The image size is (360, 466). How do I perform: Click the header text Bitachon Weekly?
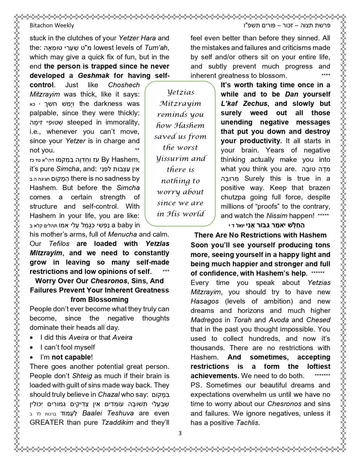tap(52, 26)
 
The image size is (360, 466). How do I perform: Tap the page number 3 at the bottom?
tap(180, 433)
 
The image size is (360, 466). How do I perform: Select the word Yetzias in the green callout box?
tap(181, 92)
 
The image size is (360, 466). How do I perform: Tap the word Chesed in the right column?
tap(318, 320)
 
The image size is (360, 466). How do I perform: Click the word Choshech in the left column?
tap(123, 85)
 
